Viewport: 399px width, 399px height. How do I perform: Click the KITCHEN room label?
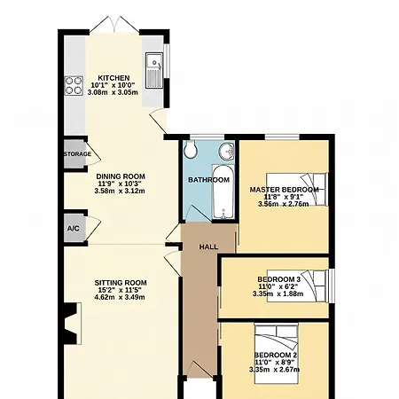(113, 78)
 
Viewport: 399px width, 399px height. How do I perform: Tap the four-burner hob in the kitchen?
(74, 86)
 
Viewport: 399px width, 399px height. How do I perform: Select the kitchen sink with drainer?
(154, 70)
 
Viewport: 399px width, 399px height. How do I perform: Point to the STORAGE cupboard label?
(77, 154)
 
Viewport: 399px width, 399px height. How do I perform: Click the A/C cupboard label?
(73, 229)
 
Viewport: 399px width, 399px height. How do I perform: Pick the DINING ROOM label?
(121, 176)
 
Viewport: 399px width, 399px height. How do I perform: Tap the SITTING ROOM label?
(121, 283)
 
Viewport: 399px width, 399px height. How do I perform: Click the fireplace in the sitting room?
(73, 324)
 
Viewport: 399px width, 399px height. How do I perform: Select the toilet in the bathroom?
(189, 150)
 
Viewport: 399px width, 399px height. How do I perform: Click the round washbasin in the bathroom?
(227, 152)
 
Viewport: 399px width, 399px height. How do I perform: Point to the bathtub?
(223, 192)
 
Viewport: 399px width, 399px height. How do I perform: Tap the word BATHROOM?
(208, 180)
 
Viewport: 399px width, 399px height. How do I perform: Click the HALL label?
(208, 246)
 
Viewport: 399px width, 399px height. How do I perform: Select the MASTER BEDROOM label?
(285, 190)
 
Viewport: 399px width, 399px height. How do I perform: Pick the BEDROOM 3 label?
(279, 279)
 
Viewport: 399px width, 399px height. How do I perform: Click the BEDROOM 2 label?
(276, 355)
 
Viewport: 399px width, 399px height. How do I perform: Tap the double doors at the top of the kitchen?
(114, 24)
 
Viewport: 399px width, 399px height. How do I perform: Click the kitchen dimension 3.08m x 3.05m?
(113, 92)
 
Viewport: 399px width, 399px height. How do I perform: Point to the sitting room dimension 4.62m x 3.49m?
(120, 297)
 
